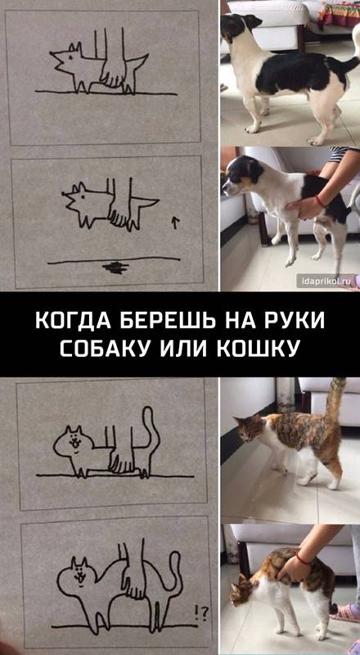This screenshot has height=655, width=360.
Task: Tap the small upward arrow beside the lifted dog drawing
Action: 175,222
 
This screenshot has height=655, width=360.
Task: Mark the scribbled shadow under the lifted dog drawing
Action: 115,268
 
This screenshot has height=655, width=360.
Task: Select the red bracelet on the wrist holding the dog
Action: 320,201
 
